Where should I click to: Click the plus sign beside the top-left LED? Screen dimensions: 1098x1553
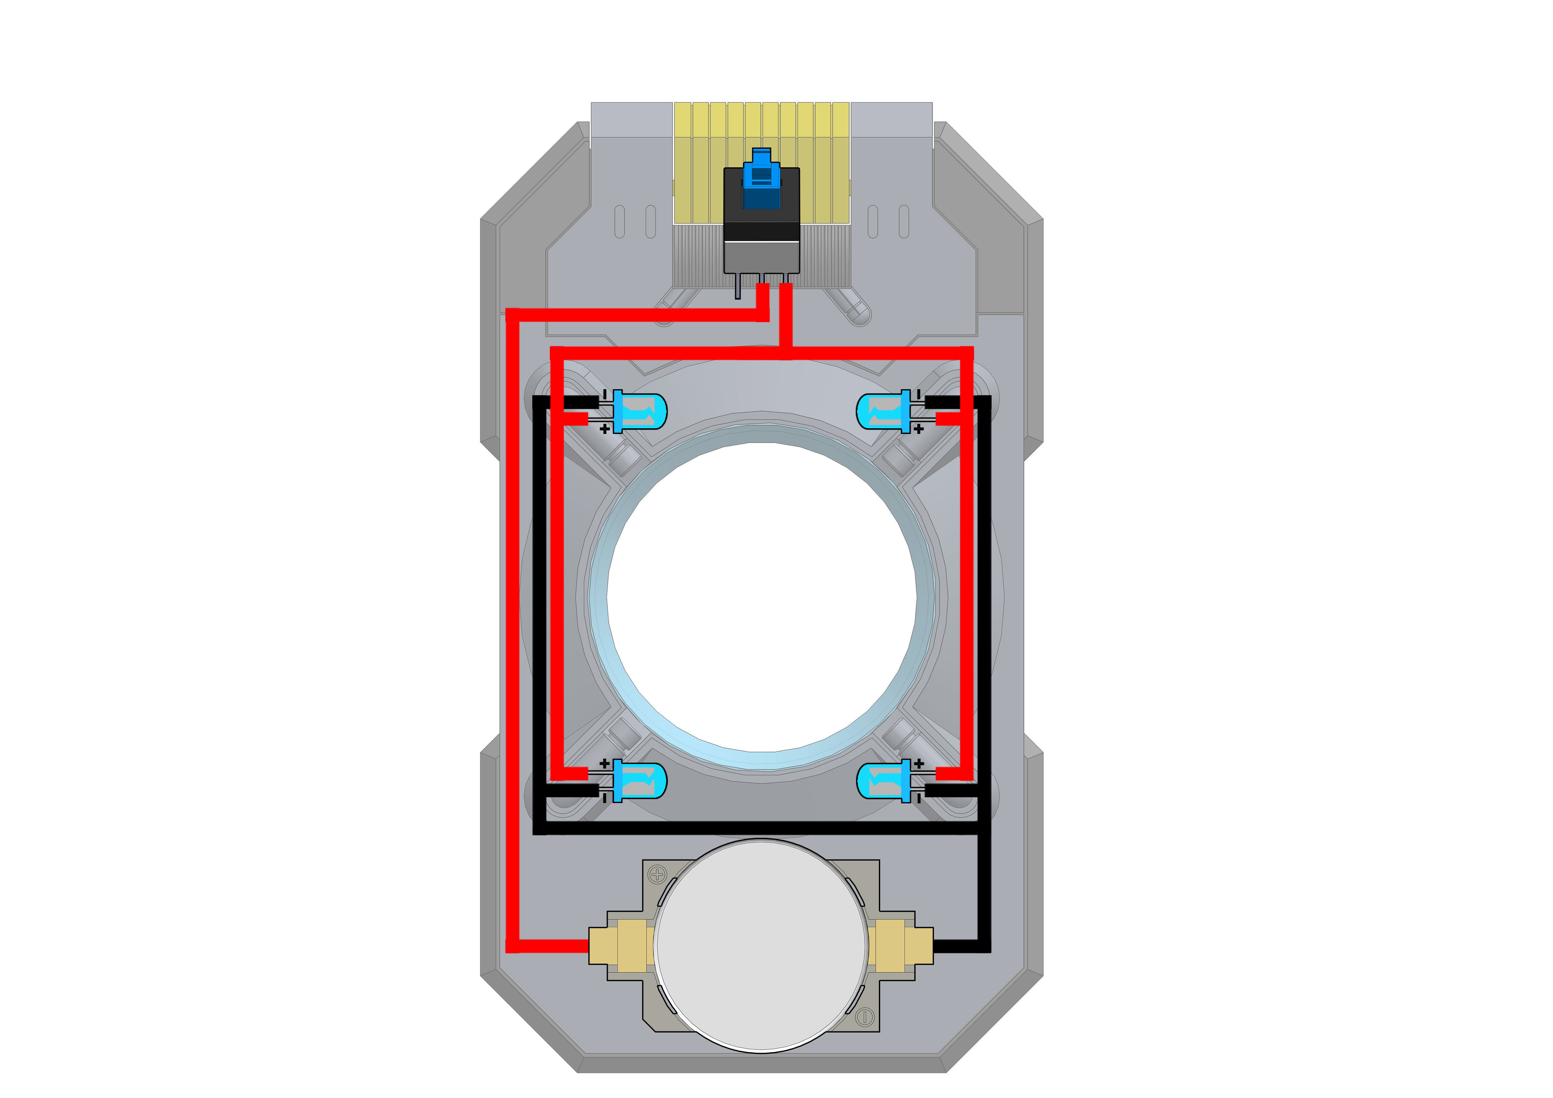tap(605, 429)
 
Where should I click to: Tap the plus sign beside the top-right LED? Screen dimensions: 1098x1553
tap(919, 429)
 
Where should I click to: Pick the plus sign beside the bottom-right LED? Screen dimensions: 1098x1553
tap(919, 763)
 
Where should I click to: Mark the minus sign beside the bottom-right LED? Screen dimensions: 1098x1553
tap(919, 798)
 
